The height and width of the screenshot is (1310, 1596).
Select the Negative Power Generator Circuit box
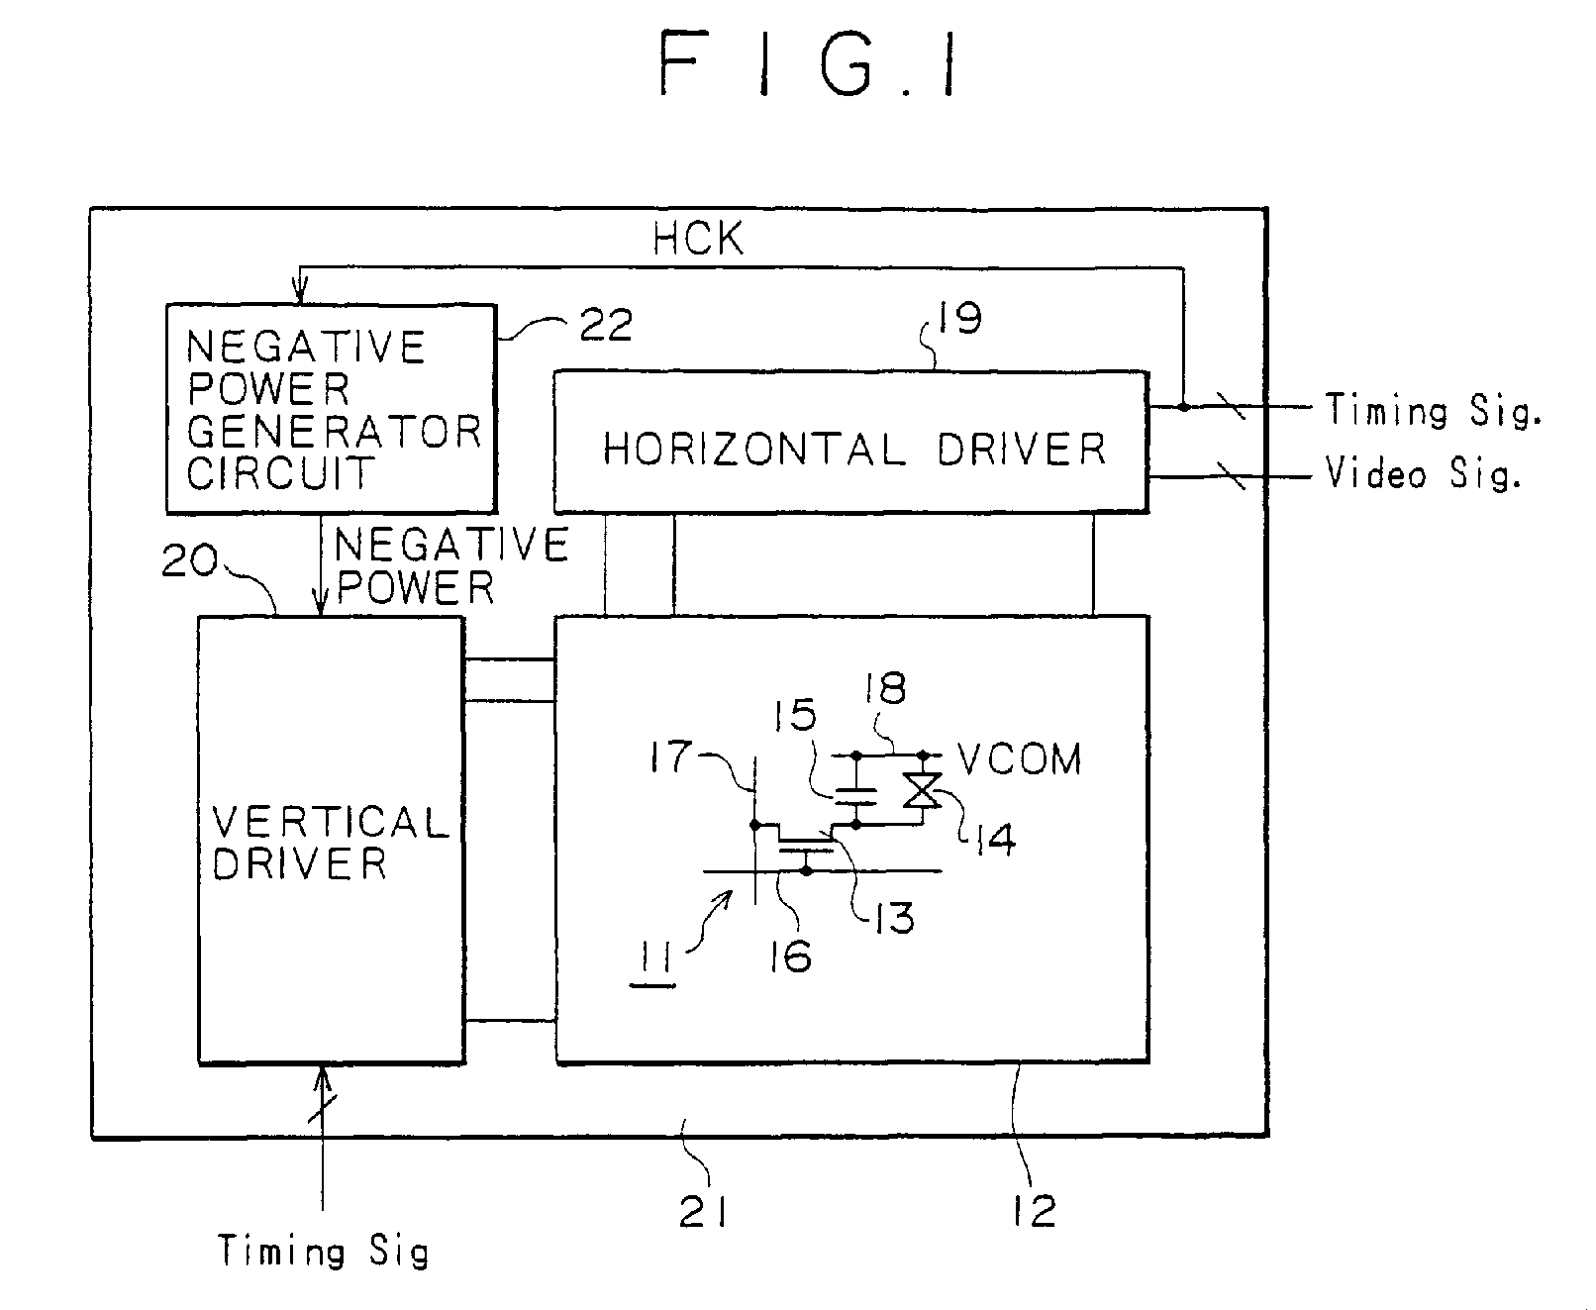(330, 408)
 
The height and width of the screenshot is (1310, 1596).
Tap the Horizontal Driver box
(850, 442)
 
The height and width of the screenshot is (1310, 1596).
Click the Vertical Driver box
(331, 840)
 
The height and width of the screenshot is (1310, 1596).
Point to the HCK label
(697, 239)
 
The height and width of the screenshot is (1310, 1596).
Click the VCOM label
(1020, 759)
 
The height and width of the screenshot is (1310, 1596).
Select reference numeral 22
(605, 324)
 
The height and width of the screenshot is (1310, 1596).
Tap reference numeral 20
(191, 561)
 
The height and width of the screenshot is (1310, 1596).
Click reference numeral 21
(703, 1210)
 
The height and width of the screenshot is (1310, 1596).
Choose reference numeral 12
(1034, 1210)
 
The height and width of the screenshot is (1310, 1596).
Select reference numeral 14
(994, 840)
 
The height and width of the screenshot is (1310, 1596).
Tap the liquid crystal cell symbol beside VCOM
(924, 789)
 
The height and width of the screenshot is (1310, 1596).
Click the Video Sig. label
(1423, 475)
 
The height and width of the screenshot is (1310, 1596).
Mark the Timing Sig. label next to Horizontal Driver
(1433, 409)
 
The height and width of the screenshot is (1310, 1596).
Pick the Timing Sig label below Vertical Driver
(323, 1252)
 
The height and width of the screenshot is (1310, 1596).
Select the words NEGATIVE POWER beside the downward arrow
(450, 565)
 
